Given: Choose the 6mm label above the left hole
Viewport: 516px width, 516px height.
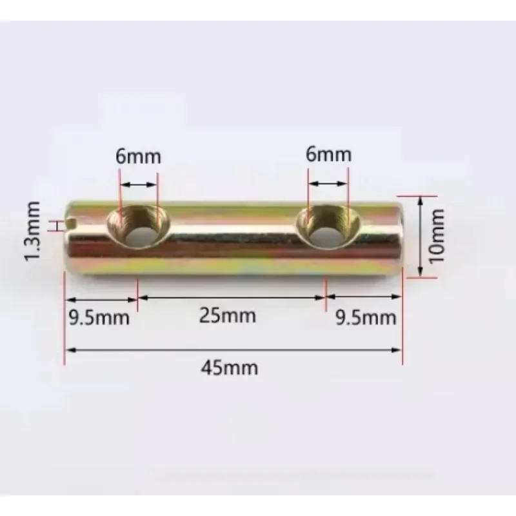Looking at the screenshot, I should [139, 157].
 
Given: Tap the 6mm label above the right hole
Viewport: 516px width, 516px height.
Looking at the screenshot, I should [329, 155].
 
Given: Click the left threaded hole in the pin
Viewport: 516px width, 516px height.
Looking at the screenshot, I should [137, 228].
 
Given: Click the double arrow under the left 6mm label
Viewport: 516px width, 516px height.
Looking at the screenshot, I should [139, 184].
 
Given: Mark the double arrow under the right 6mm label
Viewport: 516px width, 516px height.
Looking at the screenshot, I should [328, 184].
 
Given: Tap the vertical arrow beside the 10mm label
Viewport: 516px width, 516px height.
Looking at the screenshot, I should [420, 236].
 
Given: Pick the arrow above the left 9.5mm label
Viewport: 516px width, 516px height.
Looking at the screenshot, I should [101, 299].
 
